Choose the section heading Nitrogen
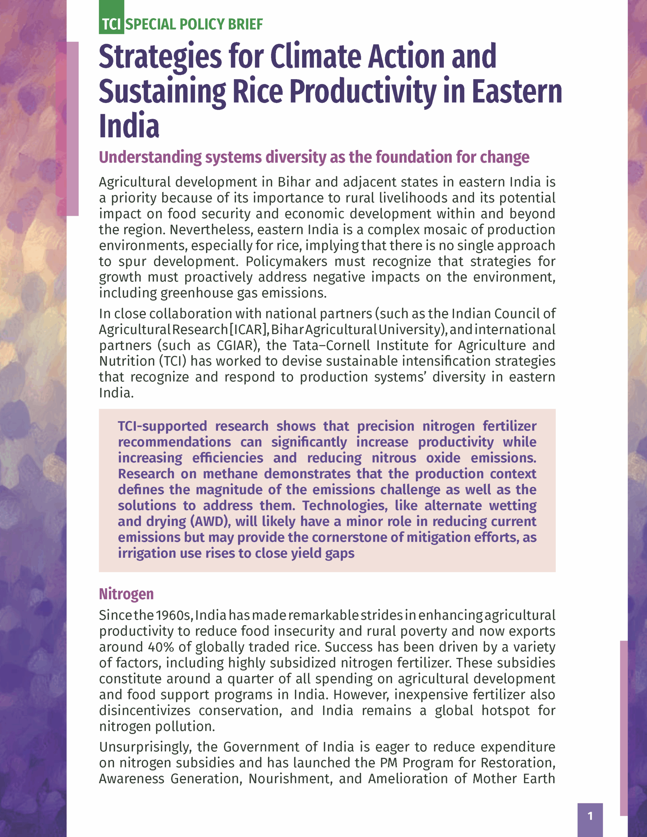(126, 594)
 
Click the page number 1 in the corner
(590, 816)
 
